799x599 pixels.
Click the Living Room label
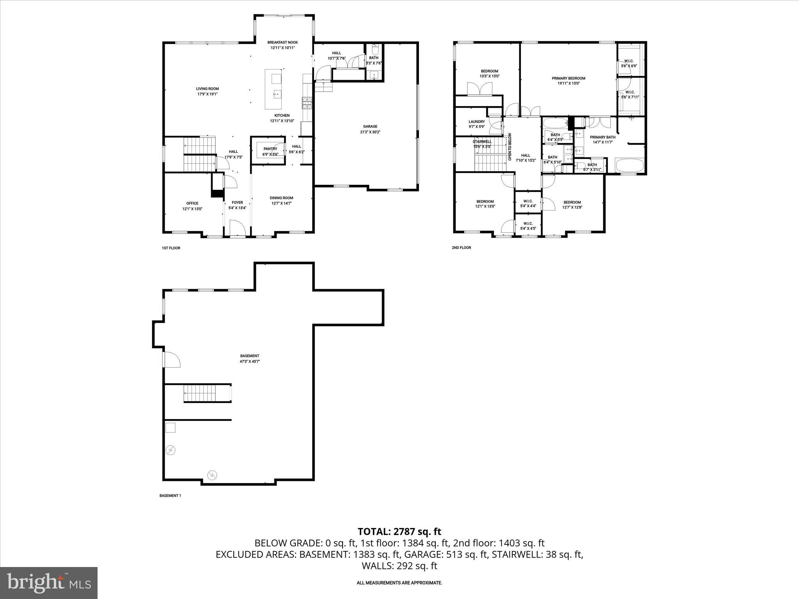[x=207, y=91]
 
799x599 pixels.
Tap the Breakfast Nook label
[x=282, y=45]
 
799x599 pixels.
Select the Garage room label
[x=370, y=129]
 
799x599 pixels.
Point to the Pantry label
[x=270, y=151]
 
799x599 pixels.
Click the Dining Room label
[x=281, y=200]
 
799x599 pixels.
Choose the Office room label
[x=192, y=206]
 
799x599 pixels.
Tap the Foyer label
[x=237, y=205]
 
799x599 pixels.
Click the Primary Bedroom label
[x=568, y=81]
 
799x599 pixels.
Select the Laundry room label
[x=476, y=124]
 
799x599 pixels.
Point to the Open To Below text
[x=510, y=147]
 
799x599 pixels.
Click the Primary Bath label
[x=602, y=140]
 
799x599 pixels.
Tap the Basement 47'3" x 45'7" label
[x=250, y=358]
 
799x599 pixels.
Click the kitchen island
[x=274, y=89]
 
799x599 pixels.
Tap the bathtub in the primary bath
[x=629, y=165]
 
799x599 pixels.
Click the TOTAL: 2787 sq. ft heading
[x=399, y=532]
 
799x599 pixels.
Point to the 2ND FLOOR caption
[x=461, y=248]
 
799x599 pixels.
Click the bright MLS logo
[x=49, y=583]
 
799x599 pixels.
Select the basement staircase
[x=200, y=393]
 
